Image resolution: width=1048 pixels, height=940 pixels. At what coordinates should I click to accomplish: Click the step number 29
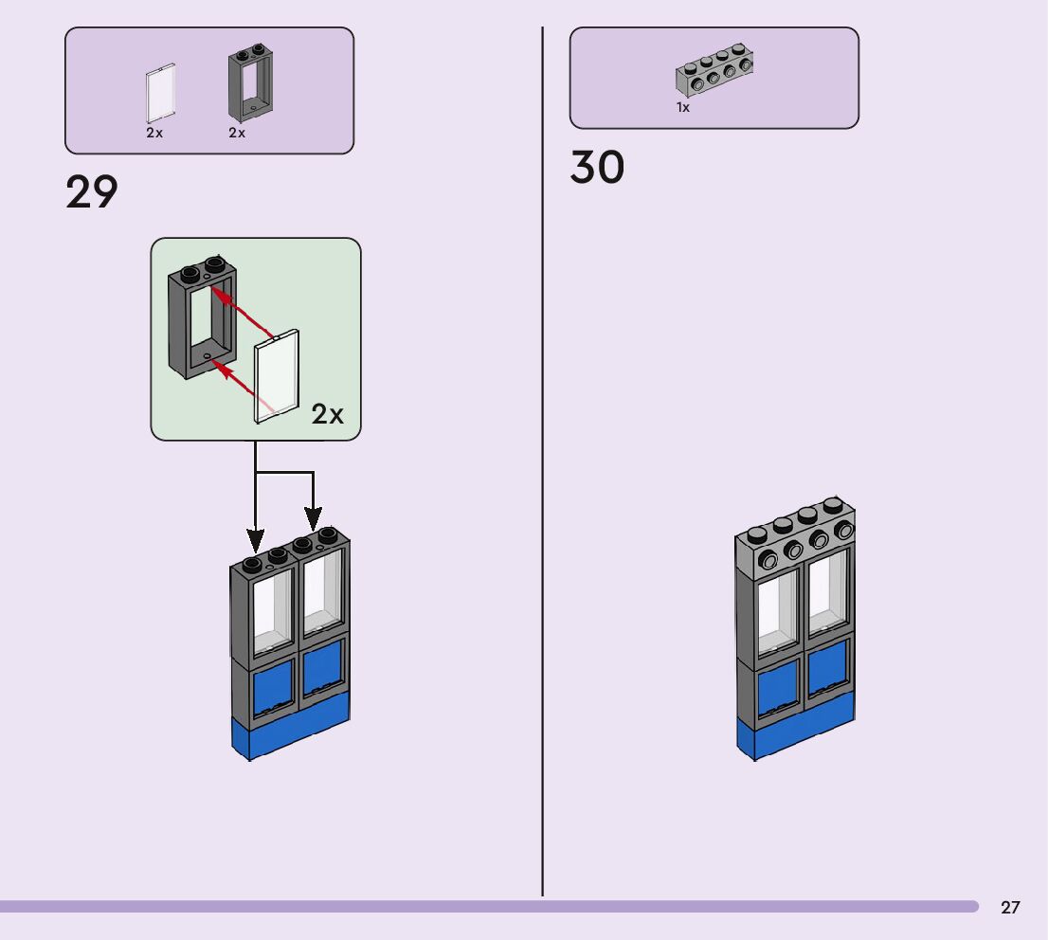[x=92, y=191]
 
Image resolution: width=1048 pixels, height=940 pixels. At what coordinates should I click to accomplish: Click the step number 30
[x=597, y=167]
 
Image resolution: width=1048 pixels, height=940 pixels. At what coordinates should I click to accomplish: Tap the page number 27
[x=1010, y=907]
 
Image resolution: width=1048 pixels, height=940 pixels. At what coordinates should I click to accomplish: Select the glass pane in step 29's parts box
[x=160, y=94]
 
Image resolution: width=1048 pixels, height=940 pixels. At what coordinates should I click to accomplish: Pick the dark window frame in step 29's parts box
[x=251, y=82]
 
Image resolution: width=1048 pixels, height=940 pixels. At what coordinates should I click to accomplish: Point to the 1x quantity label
[x=683, y=108]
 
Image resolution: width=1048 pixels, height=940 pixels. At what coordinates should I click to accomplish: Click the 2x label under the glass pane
[x=154, y=133]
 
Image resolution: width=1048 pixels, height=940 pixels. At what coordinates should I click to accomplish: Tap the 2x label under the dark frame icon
[x=237, y=133]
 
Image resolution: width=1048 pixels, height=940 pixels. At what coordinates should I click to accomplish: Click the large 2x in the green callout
[x=328, y=414]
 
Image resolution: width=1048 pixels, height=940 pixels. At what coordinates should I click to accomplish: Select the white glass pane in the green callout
[x=277, y=376]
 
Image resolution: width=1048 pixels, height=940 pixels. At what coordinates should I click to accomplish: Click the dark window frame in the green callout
[x=202, y=316]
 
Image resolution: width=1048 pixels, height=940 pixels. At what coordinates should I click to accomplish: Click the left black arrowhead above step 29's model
[x=255, y=541]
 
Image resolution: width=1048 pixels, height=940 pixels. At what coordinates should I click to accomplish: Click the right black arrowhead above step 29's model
[x=314, y=519]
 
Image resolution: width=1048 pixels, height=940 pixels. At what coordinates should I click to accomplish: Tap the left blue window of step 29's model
[x=273, y=689]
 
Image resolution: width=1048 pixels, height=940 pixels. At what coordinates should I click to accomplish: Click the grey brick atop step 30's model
[x=795, y=533]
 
